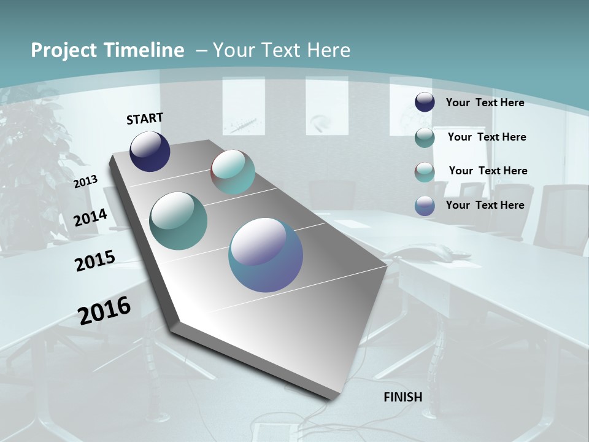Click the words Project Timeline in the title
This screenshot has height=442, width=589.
pyautogui.click(x=107, y=50)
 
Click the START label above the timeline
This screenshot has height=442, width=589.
pyautogui.click(x=145, y=118)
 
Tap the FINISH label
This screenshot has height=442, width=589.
pyautogui.click(x=403, y=397)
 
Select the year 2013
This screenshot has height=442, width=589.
pyautogui.click(x=86, y=182)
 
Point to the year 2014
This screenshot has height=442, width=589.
pyautogui.click(x=91, y=218)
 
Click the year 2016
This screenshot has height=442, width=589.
pyautogui.click(x=104, y=311)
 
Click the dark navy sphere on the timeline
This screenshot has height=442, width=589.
pyautogui.click(x=150, y=152)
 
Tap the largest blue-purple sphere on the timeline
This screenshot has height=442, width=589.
pyautogui.click(x=266, y=255)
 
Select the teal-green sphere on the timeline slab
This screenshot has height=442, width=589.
pyautogui.click(x=179, y=221)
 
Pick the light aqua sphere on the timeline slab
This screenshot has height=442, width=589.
pyautogui.click(x=233, y=172)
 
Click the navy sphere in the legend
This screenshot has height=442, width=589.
pyautogui.click(x=425, y=103)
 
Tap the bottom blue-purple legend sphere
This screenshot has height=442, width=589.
pyautogui.click(x=425, y=206)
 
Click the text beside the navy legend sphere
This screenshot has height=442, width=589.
pyautogui.click(x=485, y=103)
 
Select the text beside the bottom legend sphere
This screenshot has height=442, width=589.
pyautogui.click(x=485, y=205)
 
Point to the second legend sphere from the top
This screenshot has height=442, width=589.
pyautogui.click(x=425, y=138)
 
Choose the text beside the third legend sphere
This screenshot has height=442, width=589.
pyautogui.click(x=488, y=171)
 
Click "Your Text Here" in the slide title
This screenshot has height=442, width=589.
pyautogui.click(x=282, y=50)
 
